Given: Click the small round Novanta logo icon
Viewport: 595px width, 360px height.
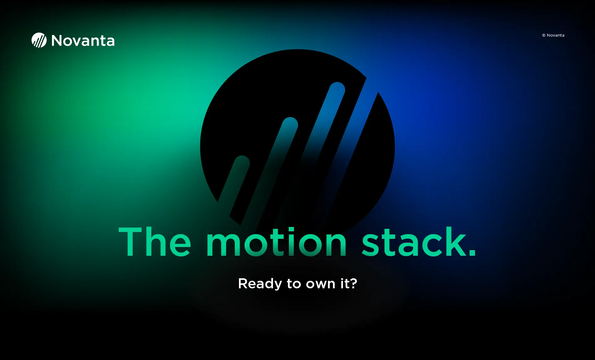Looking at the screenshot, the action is tap(39, 40).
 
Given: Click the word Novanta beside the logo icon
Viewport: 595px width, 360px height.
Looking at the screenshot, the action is tap(83, 41).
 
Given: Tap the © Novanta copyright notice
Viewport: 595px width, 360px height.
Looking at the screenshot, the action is tap(553, 35).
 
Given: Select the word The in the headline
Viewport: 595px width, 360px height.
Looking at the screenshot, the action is tap(155, 241).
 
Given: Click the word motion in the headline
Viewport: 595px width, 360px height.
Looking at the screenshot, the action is tap(277, 241).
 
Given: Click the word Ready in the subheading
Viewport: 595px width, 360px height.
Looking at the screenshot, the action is tap(260, 284).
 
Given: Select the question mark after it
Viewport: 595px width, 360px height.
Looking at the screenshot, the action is tap(354, 283).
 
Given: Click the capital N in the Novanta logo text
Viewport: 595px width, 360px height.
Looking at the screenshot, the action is tap(57, 41).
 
